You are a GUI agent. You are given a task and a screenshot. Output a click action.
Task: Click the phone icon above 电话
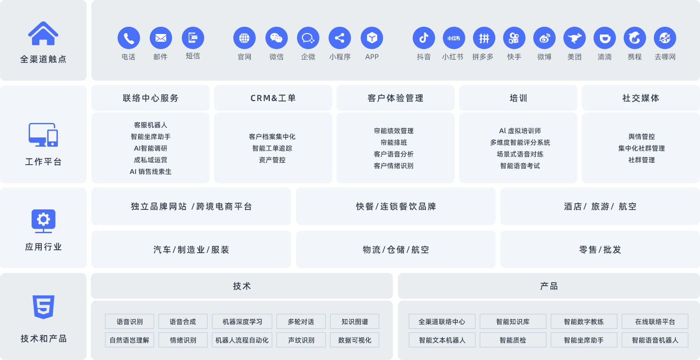point(129,38)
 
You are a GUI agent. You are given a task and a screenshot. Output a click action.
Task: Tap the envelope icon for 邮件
point(161,38)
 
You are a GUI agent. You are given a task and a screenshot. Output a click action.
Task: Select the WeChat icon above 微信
point(277,38)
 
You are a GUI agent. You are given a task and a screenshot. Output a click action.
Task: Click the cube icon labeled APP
point(372,38)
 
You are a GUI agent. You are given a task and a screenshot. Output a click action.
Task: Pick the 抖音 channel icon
point(424,38)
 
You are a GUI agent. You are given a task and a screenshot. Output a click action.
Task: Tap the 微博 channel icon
point(544,38)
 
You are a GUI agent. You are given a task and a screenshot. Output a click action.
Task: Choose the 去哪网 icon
point(665,38)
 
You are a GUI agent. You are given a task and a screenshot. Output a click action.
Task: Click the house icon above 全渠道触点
point(43,34)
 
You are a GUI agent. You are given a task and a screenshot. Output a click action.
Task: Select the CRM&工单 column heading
point(273,98)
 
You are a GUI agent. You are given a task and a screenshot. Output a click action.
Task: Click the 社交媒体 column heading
point(641,98)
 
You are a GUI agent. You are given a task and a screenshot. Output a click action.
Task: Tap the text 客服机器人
point(151,125)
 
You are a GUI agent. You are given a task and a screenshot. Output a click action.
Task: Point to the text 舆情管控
point(641,137)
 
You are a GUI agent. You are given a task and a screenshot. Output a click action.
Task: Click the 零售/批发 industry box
point(600,250)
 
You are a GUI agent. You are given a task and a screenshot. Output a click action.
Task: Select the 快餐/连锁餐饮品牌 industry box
point(396,206)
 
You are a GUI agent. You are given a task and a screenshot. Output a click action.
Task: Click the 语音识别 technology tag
point(130,322)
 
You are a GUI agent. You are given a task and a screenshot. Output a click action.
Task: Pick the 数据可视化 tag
point(354,340)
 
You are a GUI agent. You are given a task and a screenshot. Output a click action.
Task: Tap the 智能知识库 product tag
point(513,322)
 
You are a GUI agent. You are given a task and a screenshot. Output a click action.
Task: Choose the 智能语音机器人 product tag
point(655,340)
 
